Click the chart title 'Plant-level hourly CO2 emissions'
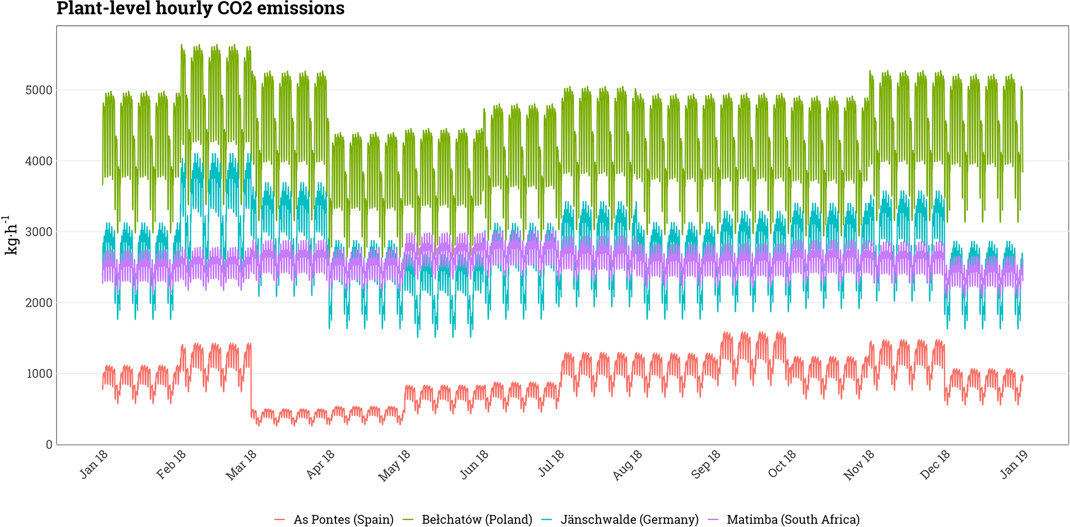click(x=200, y=9)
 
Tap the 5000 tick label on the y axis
click(x=38, y=91)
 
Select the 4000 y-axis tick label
click(x=38, y=161)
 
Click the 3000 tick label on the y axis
click(x=38, y=232)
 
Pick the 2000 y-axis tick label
click(x=38, y=303)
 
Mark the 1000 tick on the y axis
click(x=38, y=374)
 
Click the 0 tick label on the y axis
click(x=49, y=445)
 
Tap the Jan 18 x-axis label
click(x=94, y=464)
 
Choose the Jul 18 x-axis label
click(x=551, y=464)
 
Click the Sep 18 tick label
click(x=705, y=465)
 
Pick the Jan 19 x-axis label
click(x=1014, y=464)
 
